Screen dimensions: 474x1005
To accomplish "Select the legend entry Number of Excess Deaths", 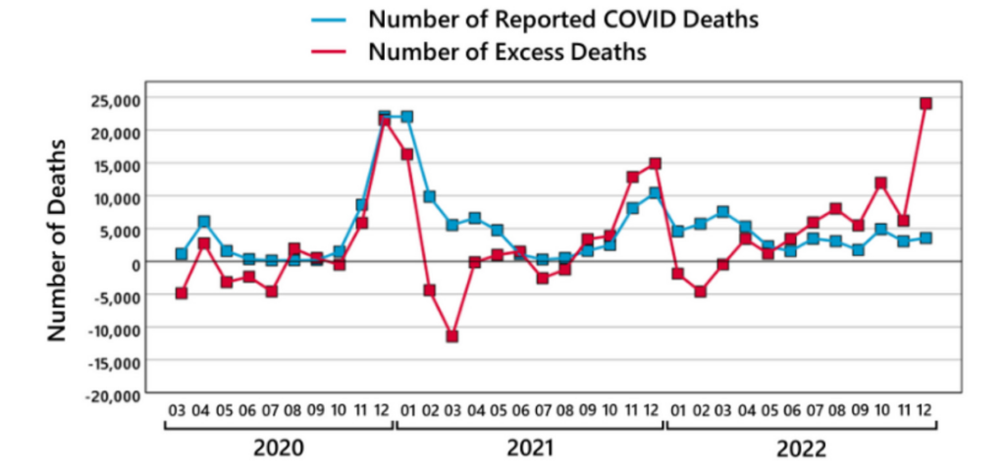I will (506, 51).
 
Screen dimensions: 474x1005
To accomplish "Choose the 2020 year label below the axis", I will (279, 448).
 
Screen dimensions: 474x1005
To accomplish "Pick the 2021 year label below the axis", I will (530, 448).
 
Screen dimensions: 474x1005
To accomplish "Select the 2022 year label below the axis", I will (801, 448).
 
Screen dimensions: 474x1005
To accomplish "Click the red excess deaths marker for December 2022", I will (926, 103).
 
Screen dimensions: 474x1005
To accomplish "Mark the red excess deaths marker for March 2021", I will (451, 337).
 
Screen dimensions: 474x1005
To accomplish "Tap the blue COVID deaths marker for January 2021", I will (406, 117).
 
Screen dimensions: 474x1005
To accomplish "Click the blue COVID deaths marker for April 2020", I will (203, 222).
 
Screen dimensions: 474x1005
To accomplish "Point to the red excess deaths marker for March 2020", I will (181, 293).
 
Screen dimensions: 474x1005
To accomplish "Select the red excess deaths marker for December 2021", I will (655, 164).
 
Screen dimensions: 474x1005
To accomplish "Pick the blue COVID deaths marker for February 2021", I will (429, 197).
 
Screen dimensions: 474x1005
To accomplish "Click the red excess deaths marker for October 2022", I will (880, 184).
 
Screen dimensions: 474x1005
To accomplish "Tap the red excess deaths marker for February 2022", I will (700, 291).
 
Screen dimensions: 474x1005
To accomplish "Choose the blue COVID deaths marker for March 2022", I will (722, 212).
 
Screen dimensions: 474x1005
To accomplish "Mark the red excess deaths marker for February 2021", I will (429, 290).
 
